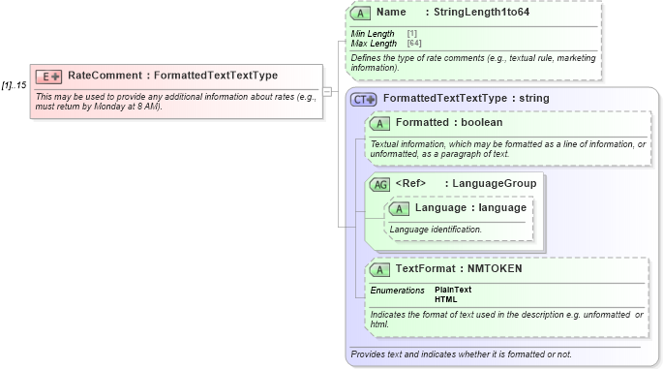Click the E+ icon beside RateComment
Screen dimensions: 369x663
point(48,76)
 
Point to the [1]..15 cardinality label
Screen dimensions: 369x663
point(15,85)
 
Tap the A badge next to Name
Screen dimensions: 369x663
point(361,14)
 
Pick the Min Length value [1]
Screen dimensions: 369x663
point(399,34)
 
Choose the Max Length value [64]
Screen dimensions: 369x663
point(414,44)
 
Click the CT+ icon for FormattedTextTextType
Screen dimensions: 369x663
point(364,99)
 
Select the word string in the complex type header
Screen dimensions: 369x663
point(533,99)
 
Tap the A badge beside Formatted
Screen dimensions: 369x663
point(380,123)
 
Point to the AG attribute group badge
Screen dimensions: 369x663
point(379,184)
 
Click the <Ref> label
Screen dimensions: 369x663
point(411,183)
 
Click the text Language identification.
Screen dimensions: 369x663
point(436,230)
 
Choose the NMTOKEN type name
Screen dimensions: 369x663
point(496,268)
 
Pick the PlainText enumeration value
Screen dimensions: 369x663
point(453,290)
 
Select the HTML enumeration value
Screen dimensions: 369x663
point(446,299)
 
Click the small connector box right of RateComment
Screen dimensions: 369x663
point(327,92)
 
